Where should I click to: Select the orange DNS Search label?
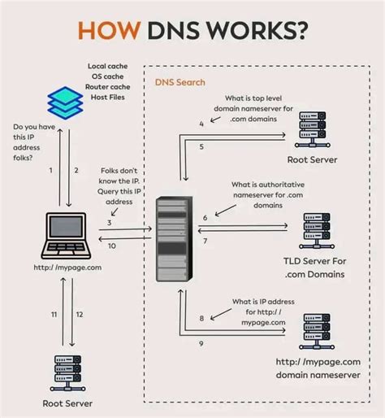[x=180, y=82]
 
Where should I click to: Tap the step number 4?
[x=201, y=124]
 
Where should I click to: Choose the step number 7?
[x=205, y=242]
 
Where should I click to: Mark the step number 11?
[x=54, y=313]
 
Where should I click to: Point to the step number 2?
[x=76, y=170]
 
